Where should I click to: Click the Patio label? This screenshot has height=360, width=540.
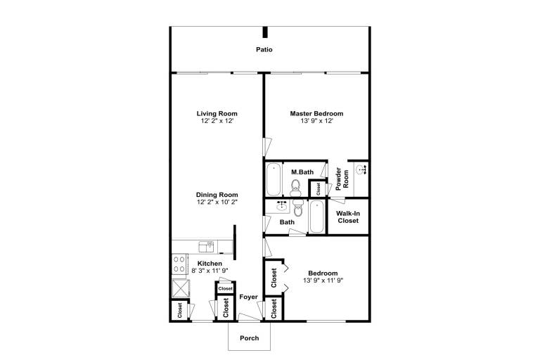[x=264, y=50]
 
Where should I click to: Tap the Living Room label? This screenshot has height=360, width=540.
[x=217, y=113]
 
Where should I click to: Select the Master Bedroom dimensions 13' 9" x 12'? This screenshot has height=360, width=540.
[x=317, y=121]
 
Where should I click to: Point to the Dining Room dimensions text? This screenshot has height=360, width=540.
[x=217, y=202]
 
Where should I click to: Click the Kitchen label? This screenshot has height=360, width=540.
[x=210, y=264]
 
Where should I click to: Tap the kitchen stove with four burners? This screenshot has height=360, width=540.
[x=179, y=264]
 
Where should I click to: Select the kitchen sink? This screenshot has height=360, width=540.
[x=206, y=247]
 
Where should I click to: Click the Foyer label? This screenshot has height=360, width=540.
[x=249, y=297]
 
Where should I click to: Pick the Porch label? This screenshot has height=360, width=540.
[x=250, y=338]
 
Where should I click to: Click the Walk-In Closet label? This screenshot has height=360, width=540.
[x=348, y=217]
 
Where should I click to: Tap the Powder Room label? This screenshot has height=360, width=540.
[x=342, y=179]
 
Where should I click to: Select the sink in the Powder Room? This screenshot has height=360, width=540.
[x=361, y=169]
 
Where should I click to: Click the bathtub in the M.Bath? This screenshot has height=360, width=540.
[x=274, y=179]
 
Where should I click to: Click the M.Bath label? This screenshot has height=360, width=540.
[x=302, y=172]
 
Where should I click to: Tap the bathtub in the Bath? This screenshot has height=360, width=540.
[x=316, y=217]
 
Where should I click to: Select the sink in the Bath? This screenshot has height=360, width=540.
[x=282, y=206]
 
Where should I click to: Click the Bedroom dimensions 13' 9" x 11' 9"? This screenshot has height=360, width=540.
[x=323, y=281]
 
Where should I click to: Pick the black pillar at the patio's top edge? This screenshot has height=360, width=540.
[x=265, y=32]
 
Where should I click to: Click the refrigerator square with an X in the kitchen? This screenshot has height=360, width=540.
[x=181, y=288]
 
